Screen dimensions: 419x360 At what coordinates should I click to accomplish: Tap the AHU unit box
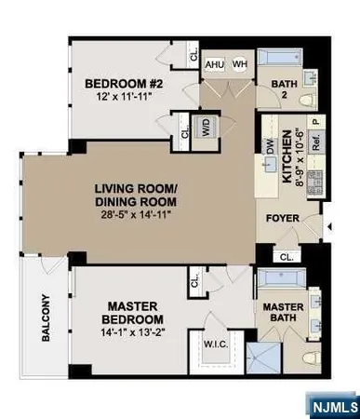pyautogui.click(x=215, y=62)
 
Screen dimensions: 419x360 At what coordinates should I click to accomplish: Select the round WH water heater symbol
pyautogui.click(x=238, y=62)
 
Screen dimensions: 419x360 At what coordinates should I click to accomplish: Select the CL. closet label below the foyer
pyautogui.click(x=284, y=255)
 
